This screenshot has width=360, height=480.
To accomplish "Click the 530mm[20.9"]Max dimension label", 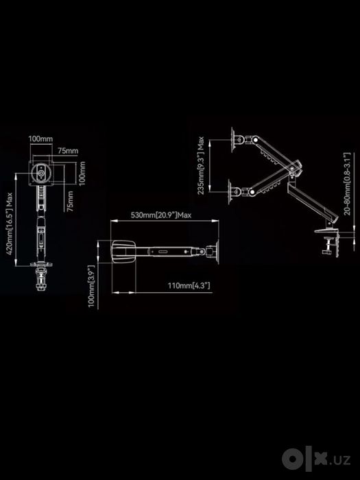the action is [161, 215].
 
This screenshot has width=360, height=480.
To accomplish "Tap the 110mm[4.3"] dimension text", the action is [189, 286].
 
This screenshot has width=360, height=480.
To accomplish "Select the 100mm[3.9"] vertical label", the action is [91, 286].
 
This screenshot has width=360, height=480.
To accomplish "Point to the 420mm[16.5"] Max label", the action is [9, 224].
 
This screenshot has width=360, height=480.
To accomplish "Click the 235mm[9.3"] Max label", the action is [201, 165].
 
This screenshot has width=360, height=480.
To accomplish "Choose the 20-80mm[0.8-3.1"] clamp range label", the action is [347, 184].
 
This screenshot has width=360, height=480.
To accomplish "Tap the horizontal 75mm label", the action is [68, 151].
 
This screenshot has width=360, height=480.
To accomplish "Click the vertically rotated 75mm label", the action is [71, 201].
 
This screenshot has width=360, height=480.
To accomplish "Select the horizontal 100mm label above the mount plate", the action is [40, 139].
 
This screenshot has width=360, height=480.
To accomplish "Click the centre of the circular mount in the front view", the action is [41, 173].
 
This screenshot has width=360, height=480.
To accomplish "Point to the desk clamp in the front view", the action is [41, 278].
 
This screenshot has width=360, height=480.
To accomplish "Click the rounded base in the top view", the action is [123, 252].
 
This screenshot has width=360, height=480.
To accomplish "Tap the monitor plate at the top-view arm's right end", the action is [217, 252].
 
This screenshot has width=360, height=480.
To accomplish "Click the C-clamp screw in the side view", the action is [328, 245].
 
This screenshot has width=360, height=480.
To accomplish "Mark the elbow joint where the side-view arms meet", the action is [294, 168].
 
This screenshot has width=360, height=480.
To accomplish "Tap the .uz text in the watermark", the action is [339, 460].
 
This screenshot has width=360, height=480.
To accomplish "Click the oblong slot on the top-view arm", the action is [163, 252].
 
